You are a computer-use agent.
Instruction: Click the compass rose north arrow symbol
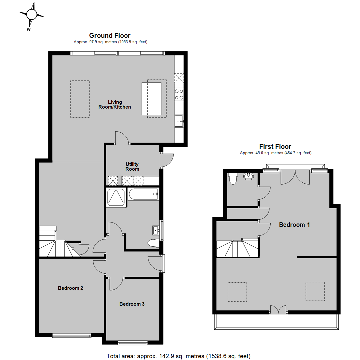(x=31, y=15)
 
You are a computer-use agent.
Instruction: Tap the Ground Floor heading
(x=110, y=36)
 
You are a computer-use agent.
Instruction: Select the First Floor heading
(x=275, y=146)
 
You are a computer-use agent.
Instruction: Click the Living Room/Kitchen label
(x=115, y=104)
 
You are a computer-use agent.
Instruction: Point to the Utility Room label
(x=132, y=166)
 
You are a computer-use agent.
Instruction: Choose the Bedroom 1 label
(x=294, y=225)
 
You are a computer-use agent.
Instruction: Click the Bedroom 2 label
(x=70, y=288)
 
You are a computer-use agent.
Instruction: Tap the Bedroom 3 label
(x=132, y=304)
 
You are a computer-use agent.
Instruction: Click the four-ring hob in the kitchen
(x=179, y=94)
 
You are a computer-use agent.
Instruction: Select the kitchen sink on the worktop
(x=179, y=121)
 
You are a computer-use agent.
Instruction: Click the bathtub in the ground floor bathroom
(x=143, y=194)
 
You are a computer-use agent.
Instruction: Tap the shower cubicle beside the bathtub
(x=116, y=197)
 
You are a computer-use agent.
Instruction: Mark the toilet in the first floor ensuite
(x=233, y=179)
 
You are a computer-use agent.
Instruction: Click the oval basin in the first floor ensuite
(x=249, y=176)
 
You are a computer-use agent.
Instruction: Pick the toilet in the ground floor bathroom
(x=154, y=243)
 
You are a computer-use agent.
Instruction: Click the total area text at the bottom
(x=178, y=356)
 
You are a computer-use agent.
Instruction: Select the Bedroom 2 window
(x=72, y=336)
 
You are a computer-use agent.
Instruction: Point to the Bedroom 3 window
(x=133, y=343)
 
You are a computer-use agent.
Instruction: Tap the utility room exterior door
(x=166, y=160)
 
